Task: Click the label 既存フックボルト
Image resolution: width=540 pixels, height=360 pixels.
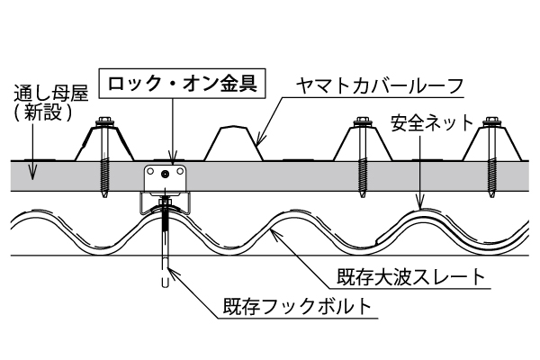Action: (x=295, y=306)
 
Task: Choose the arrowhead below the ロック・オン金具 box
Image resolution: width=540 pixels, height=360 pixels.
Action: (x=173, y=162)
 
